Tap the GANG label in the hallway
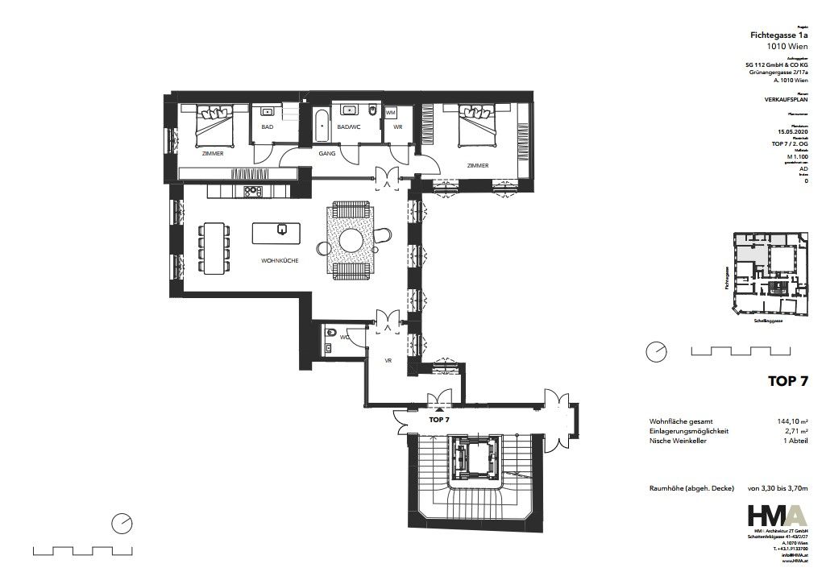tap(326, 152)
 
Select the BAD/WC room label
tap(347, 127)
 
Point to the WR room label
tap(397, 127)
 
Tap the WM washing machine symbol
tap(391, 113)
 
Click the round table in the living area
tap(351, 240)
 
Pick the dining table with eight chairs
tap(214, 247)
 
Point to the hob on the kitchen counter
tap(252, 192)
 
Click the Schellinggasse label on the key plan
tap(764, 320)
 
